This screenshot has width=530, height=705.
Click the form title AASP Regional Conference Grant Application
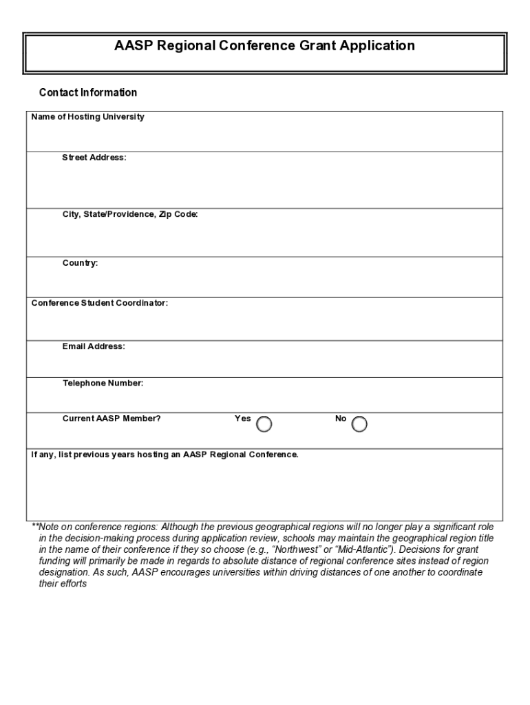coord(264,46)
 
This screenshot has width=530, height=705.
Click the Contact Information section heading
coord(88,92)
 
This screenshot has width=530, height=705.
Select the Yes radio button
coord(264,425)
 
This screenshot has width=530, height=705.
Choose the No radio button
coord(359,425)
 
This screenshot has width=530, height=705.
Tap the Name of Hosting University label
coord(87,117)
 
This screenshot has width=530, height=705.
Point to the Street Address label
coord(94,158)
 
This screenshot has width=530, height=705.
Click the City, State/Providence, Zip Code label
coord(130,215)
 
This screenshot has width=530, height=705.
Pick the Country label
coord(80,263)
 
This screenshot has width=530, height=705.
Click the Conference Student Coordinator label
coord(99,303)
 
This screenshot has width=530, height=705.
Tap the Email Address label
coord(94,346)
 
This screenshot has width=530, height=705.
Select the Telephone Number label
coord(103,383)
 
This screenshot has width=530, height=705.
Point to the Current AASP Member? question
coord(112,418)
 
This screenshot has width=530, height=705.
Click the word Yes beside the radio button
coord(242,418)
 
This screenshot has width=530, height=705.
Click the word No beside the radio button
coord(341,418)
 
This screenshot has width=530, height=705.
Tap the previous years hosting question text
coord(165,455)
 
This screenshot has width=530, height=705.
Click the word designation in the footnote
coord(63,572)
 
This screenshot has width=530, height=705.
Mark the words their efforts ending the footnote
coord(63,584)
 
